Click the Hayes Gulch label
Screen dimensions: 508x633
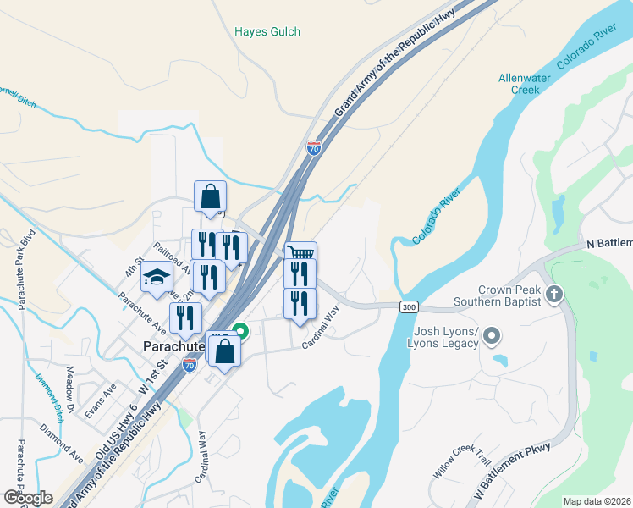tap(267, 32)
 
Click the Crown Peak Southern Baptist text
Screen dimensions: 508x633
tap(497, 295)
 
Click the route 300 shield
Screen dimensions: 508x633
tap(410, 306)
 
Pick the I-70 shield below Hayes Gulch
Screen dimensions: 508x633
tap(314, 149)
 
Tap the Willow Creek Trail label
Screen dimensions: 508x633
tap(460, 461)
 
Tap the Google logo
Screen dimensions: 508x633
tap(28, 498)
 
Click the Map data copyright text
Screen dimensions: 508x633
tap(597, 501)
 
